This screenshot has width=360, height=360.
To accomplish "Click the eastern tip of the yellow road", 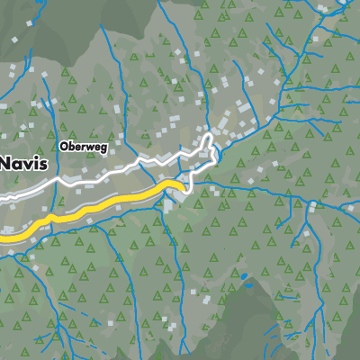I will click(183, 185).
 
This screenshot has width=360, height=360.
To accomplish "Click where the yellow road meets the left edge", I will click(2, 238).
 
